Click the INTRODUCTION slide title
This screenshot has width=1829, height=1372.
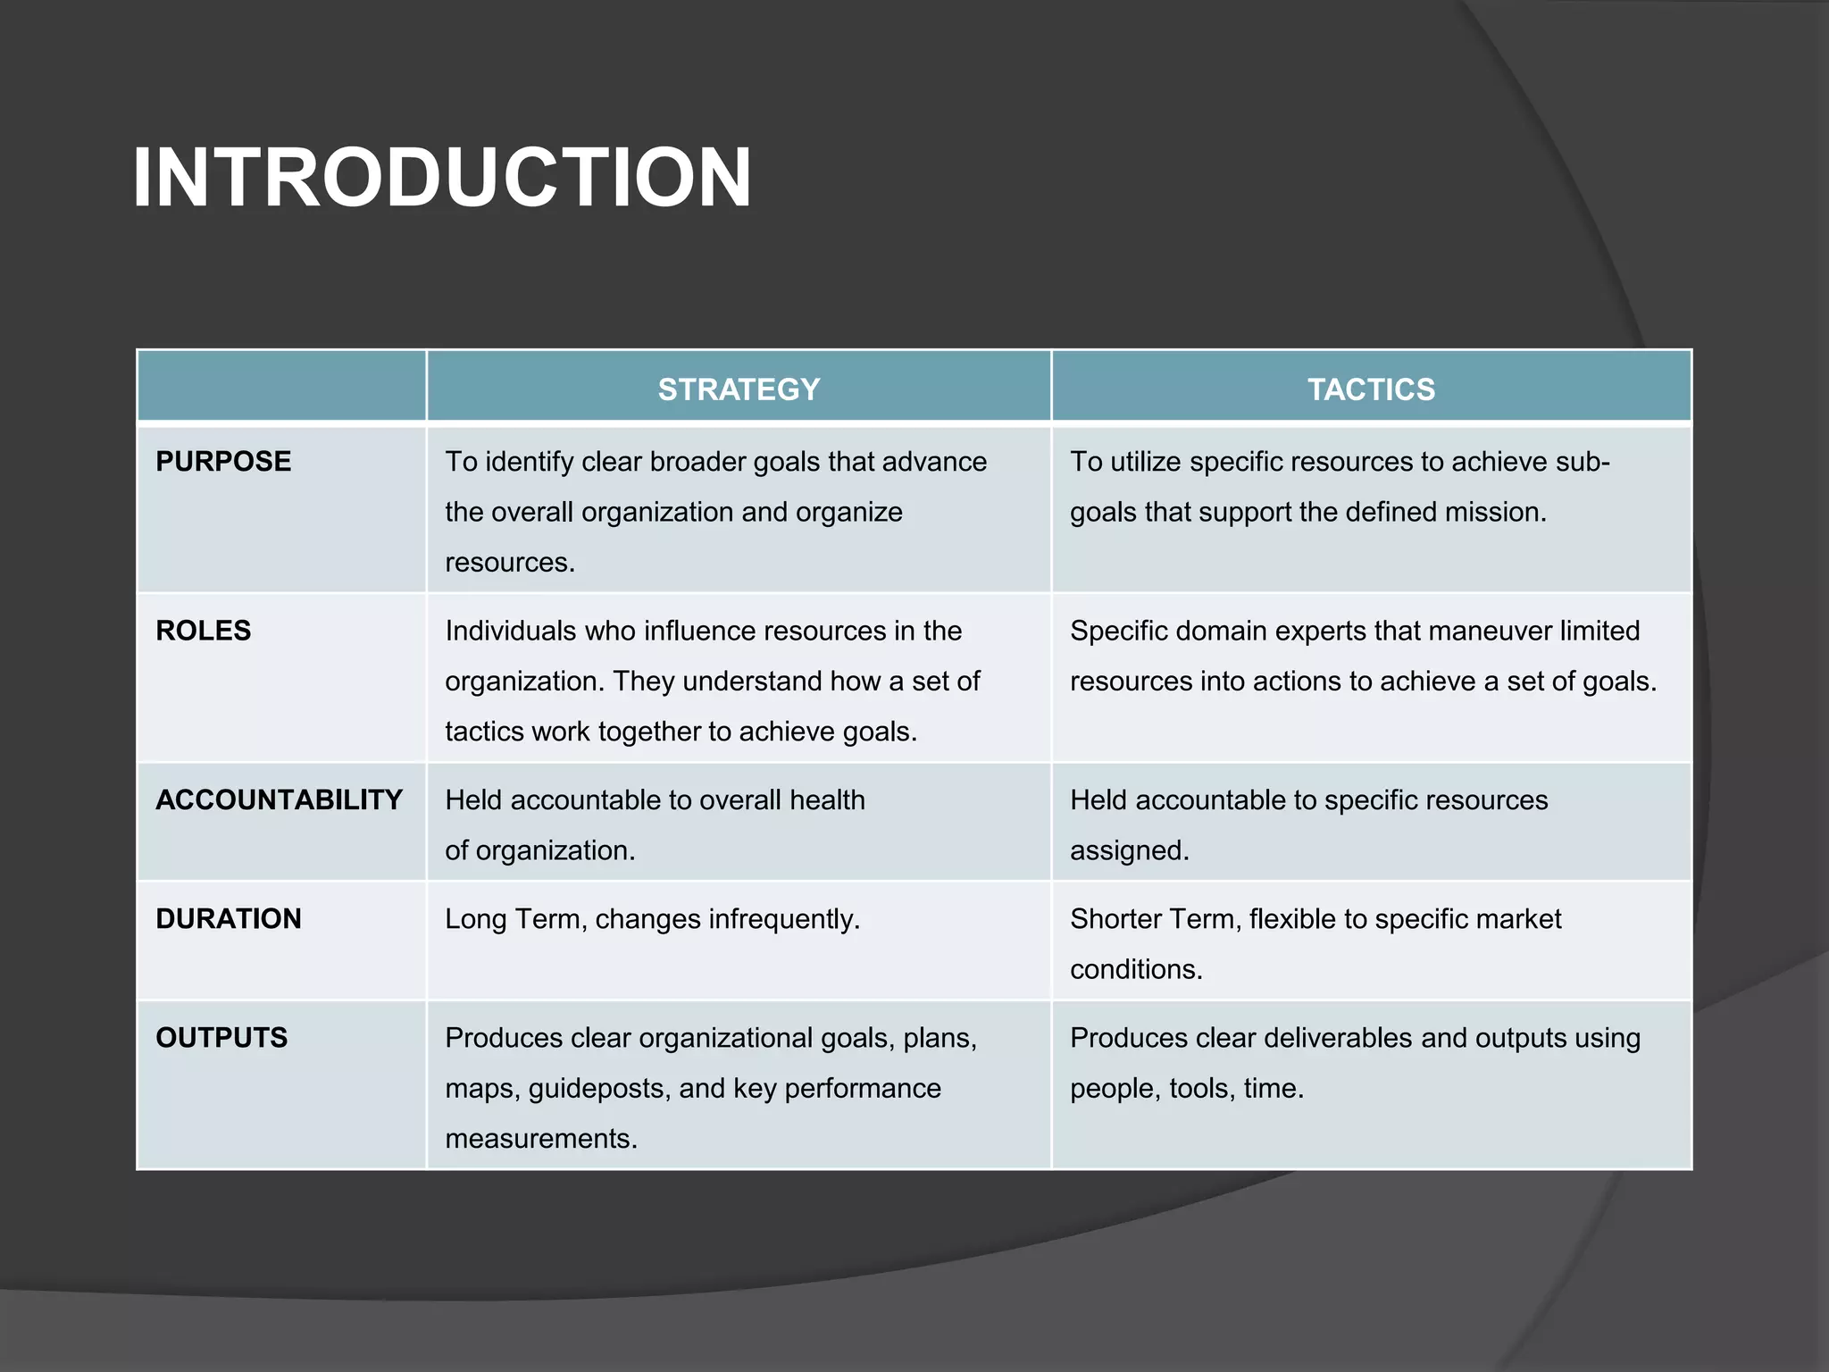pyautogui.click(x=442, y=178)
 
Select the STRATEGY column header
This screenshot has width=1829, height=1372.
pyautogui.click(x=739, y=389)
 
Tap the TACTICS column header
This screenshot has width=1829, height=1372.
pyautogui.click(x=1371, y=389)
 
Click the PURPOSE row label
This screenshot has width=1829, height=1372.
pyautogui.click(x=223, y=462)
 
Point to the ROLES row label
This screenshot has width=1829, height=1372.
pyautogui.click(x=204, y=631)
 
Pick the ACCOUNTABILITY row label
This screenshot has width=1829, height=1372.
pyautogui.click(x=279, y=800)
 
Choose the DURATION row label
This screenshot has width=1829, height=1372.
pyautogui.click(x=229, y=919)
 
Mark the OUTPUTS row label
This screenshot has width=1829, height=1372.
pyautogui.click(x=221, y=1038)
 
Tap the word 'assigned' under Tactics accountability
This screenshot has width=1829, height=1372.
pyautogui.click(x=1129, y=850)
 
